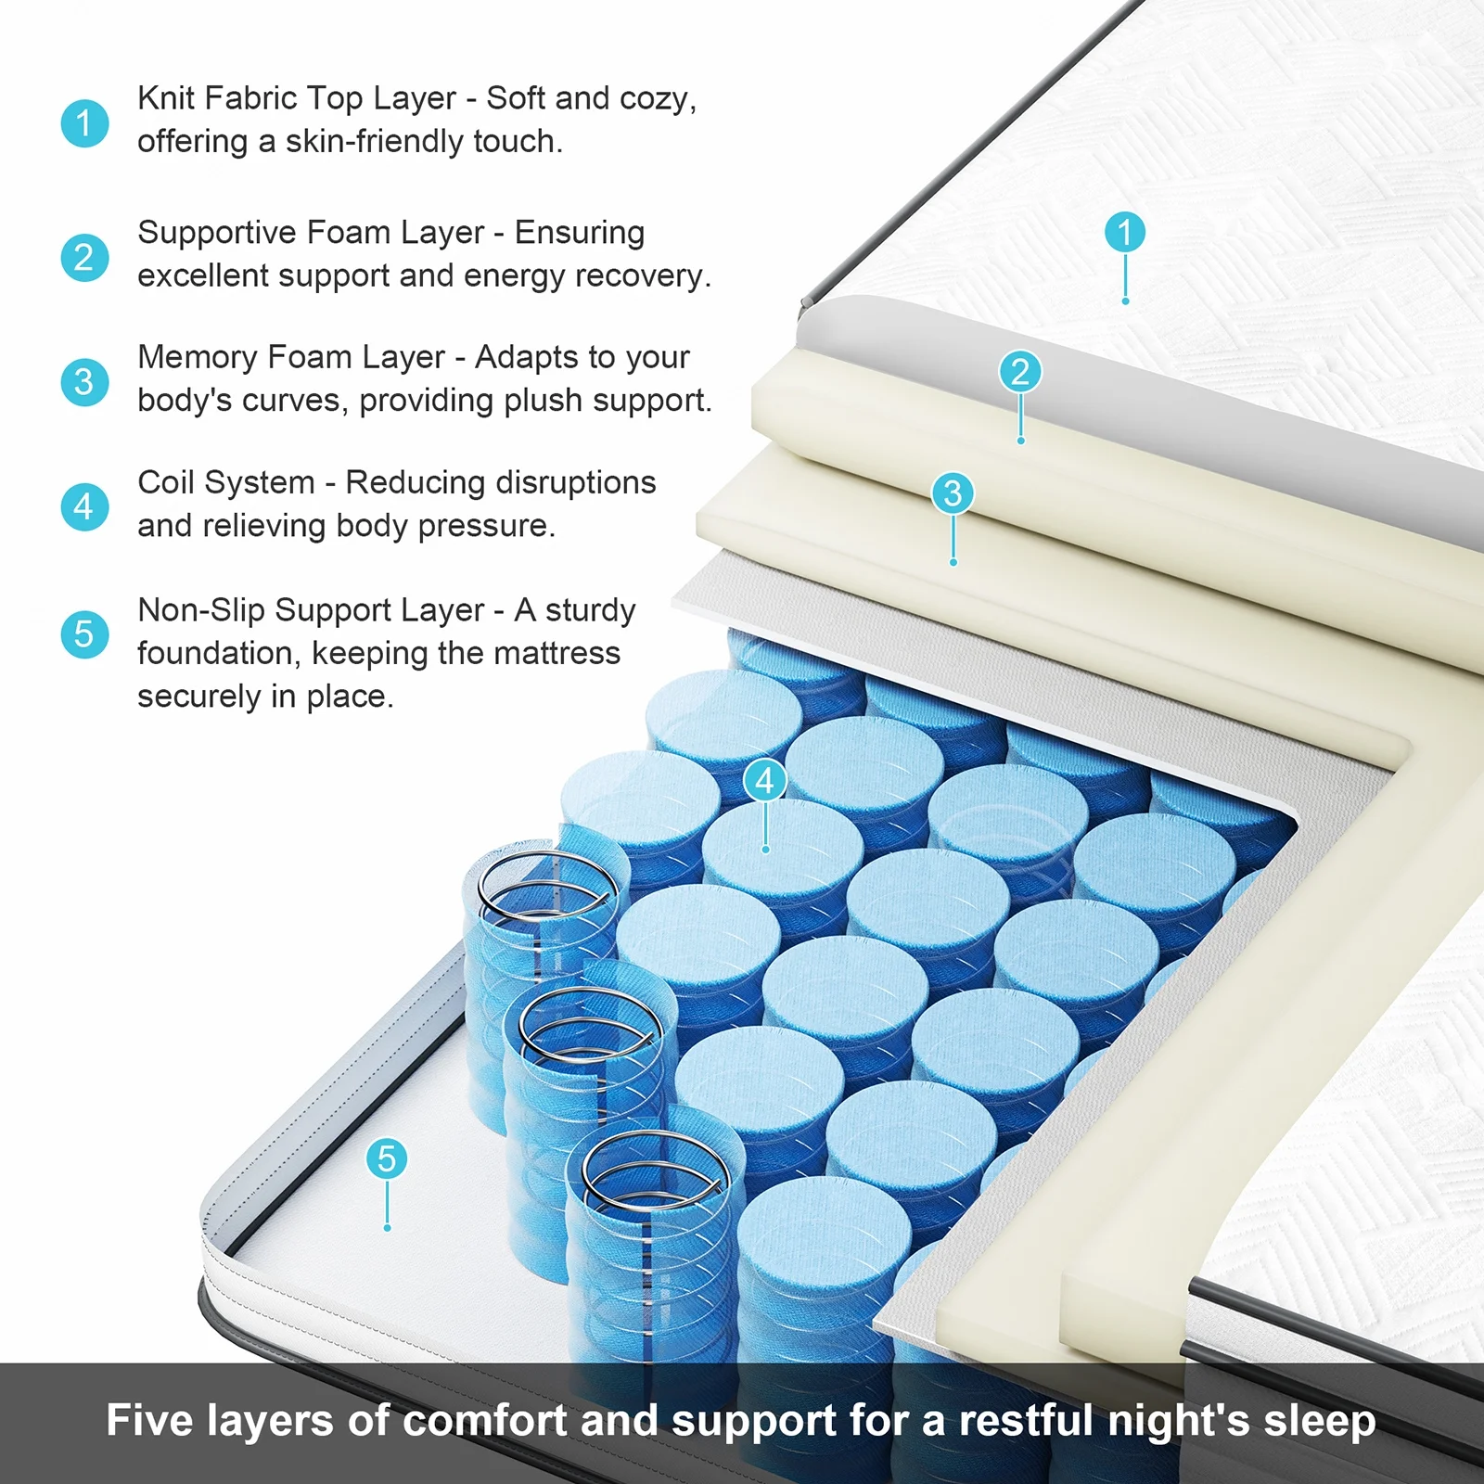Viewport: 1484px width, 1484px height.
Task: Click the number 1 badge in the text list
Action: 84,123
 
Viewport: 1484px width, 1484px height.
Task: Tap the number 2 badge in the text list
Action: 84,257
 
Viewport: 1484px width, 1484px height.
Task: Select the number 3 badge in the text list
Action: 84,382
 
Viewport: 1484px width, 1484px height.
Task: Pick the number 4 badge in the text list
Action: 84,507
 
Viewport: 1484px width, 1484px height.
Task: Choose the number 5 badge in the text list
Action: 84,634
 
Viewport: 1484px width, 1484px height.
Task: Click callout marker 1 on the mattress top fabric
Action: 1125,232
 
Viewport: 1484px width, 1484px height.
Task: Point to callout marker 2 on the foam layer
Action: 1020,372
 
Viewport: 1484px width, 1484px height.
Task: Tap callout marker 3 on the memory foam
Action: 953,493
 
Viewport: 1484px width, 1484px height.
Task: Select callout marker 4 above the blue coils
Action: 765,781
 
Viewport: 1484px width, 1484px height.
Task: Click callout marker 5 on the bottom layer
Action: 387,1158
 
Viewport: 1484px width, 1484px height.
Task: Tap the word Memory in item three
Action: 198,358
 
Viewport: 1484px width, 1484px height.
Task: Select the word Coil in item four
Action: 166,482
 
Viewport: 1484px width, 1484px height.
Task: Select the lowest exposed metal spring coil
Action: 654,1171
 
